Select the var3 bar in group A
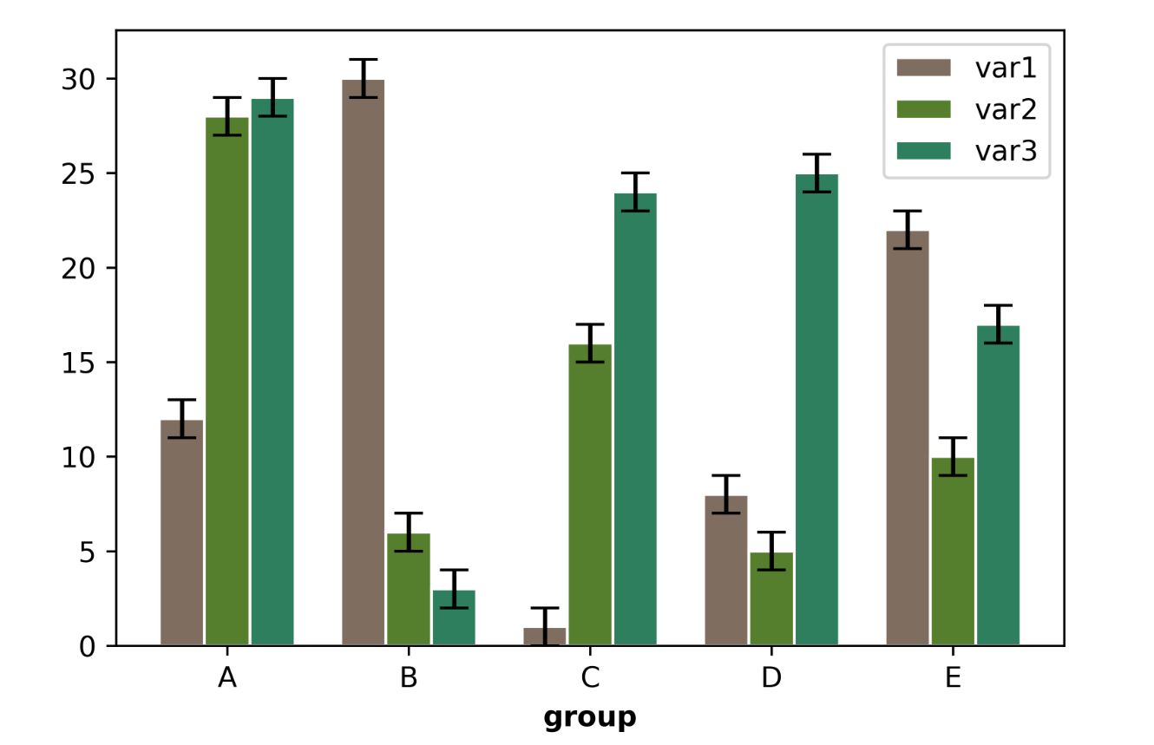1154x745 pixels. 272,372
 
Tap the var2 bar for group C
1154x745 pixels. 590,494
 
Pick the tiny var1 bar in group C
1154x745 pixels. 545,637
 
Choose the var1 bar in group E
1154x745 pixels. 908,438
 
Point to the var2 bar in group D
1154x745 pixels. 771,598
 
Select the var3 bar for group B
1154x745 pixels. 454,618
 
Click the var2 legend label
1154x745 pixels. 1006,109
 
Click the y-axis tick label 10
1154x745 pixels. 80,457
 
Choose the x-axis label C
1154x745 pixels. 590,677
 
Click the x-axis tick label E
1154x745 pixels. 953,677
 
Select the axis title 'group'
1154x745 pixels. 590,718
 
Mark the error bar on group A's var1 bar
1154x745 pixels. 182,418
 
